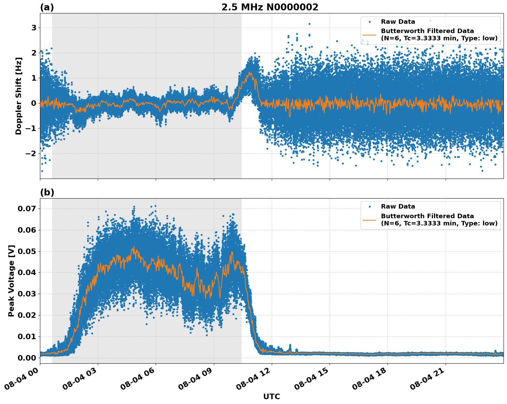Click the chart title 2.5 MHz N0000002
(x=270, y=7)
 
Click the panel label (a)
(x=47, y=7)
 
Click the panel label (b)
(x=47, y=192)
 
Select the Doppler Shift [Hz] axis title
(x=19, y=96)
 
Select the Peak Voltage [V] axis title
(x=11, y=281)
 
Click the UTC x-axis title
(x=271, y=396)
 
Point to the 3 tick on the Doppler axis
(x=34, y=28)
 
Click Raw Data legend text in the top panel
(x=398, y=22)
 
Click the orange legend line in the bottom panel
(x=369, y=220)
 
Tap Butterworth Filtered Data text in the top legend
(x=427, y=31)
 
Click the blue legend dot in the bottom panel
(x=369, y=206)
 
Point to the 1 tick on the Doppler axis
(x=34, y=78)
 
